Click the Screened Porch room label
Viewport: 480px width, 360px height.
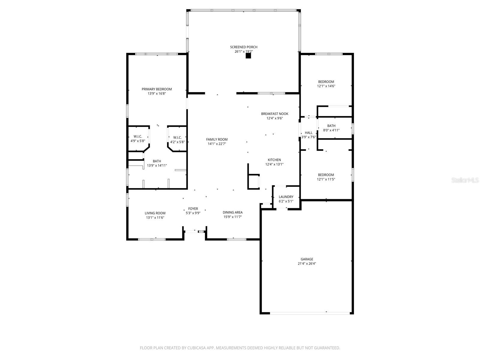point(244,47)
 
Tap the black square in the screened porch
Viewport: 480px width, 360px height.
point(248,56)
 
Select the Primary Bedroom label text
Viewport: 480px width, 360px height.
point(157,89)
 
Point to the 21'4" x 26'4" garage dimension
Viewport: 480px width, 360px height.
point(307,264)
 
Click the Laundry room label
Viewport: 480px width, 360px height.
point(286,197)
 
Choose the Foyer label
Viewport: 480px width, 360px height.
point(193,209)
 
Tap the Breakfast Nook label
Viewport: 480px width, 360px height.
point(274,114)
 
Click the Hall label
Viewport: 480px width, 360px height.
point(308,133)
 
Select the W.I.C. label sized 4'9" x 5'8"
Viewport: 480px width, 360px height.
point(138,136)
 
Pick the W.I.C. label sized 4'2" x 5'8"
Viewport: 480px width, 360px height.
point(177,138)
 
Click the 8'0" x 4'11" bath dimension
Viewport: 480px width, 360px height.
point(331,130)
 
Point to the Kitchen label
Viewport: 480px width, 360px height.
point(274,160)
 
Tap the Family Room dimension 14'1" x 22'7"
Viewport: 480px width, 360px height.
point(217,144)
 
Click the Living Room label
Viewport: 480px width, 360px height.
point(155,213)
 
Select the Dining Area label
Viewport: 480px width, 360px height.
point(232,212)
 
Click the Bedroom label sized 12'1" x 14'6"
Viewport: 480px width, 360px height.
point(326,82)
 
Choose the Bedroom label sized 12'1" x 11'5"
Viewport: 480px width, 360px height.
point(326,175)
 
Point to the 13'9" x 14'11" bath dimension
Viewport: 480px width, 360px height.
point(157,165)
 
